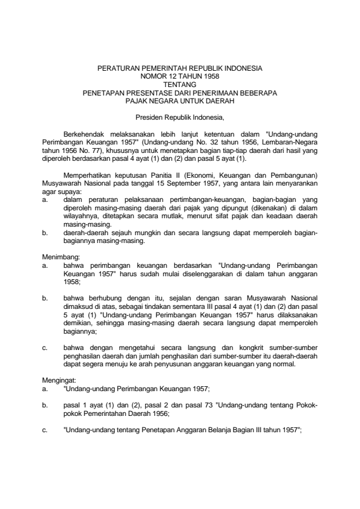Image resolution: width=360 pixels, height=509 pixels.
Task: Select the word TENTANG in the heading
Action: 180,86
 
